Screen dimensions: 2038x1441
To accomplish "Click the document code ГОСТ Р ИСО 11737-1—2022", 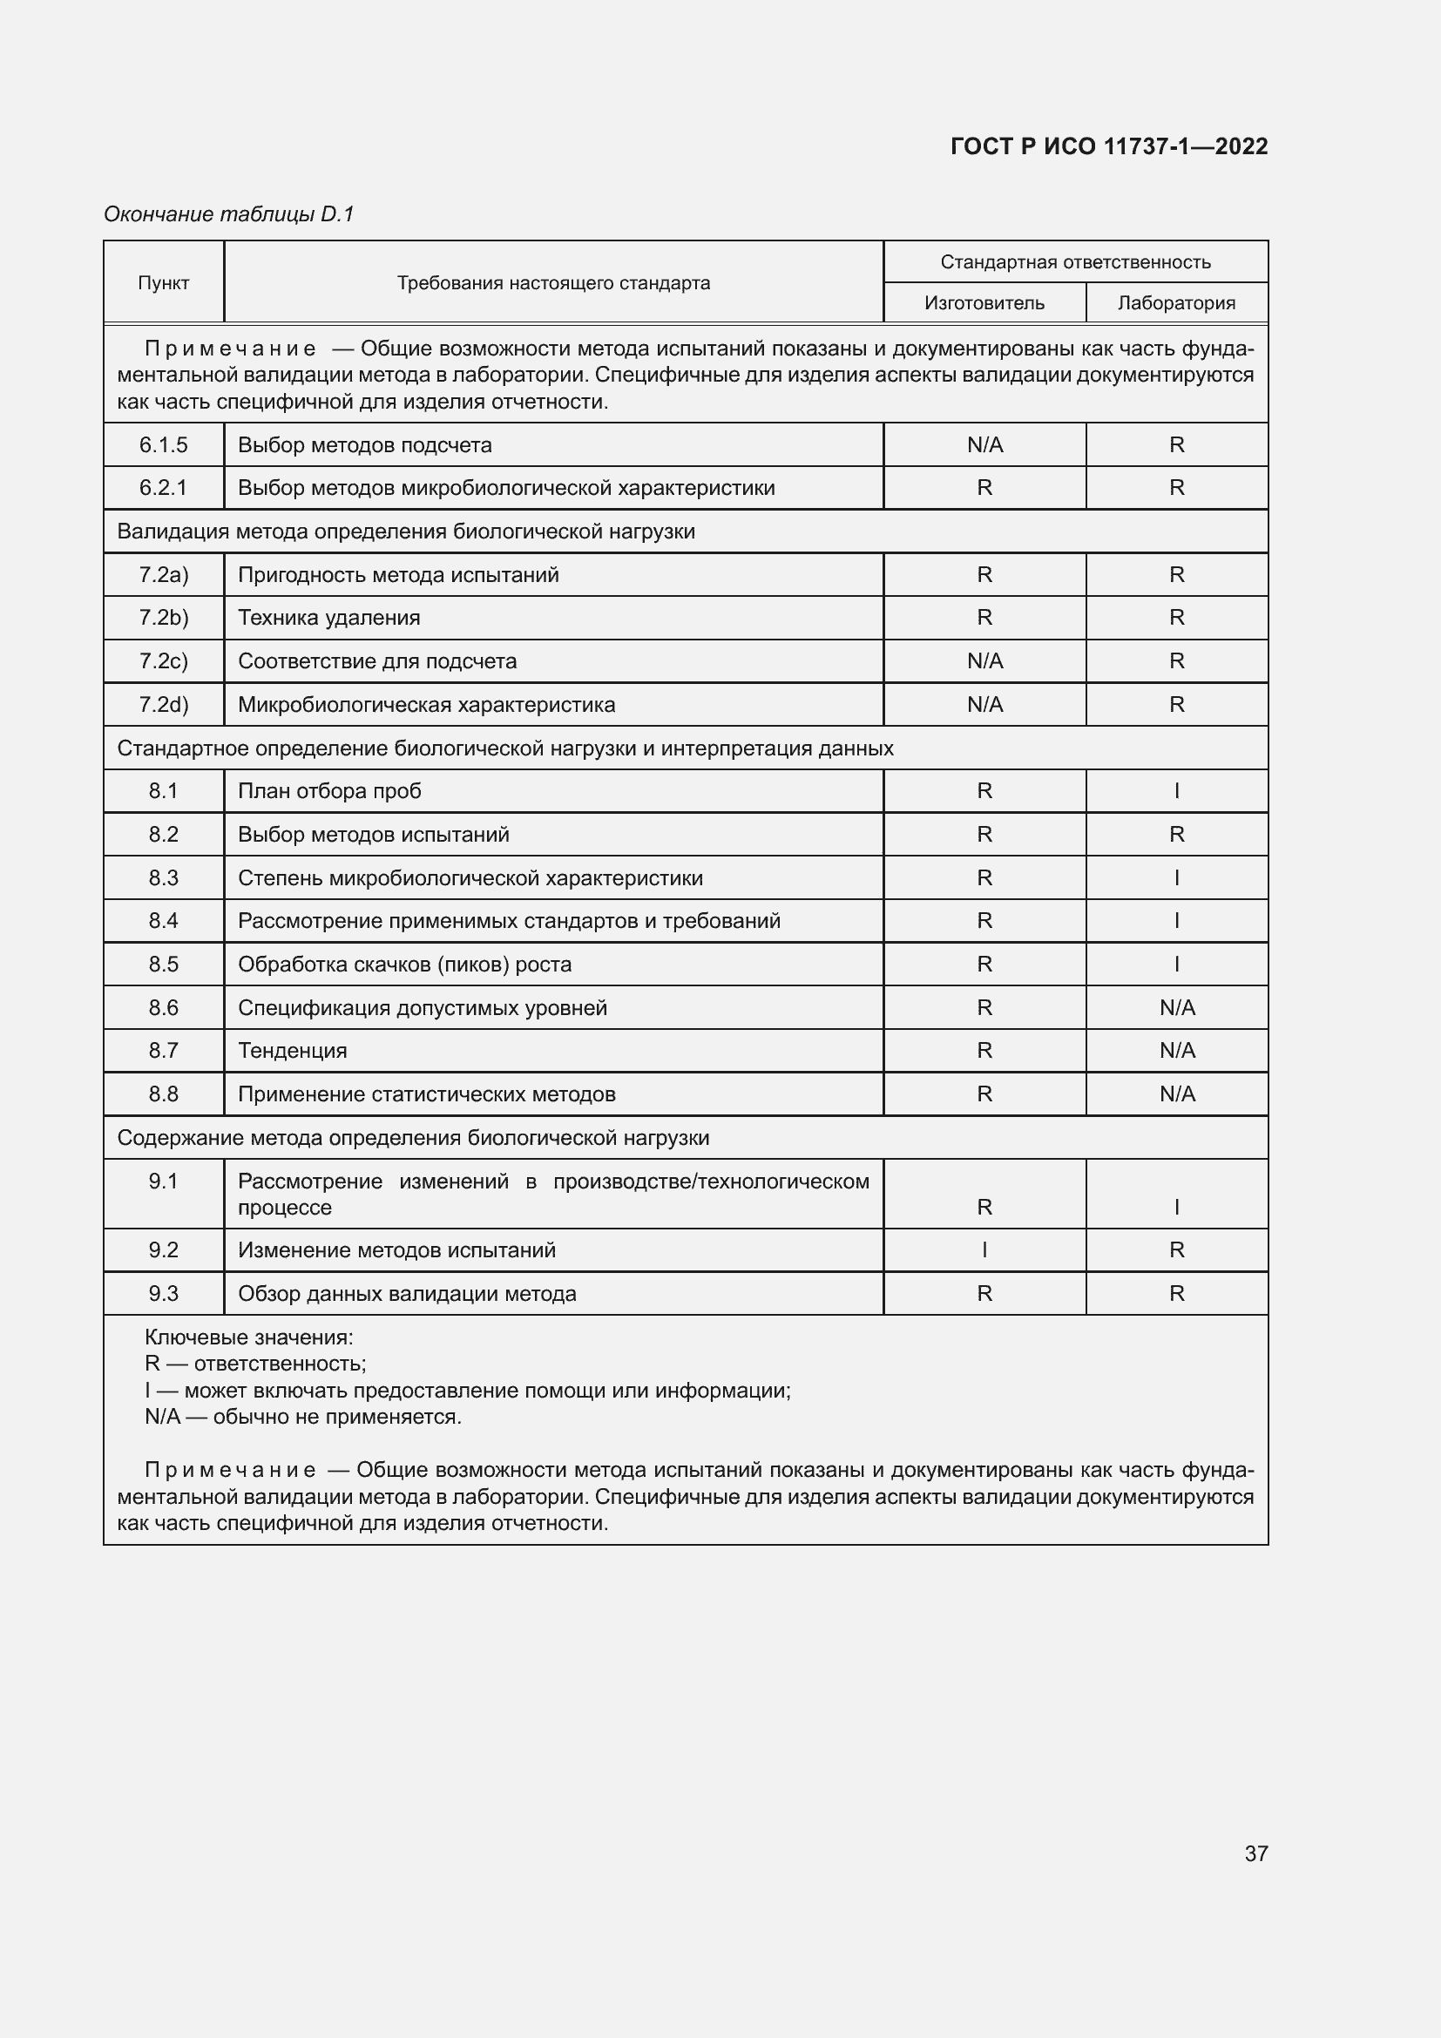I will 1108,146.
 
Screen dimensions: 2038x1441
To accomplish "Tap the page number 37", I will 1255,1853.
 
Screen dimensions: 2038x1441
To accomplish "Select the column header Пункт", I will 163,283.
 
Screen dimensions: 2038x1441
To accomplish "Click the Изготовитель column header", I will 984,303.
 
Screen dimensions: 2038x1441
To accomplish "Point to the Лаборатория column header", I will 1175,303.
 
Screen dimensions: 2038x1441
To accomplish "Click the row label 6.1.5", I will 163,444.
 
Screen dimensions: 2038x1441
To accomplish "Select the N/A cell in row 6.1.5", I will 984,444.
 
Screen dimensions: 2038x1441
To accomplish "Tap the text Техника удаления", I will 328,618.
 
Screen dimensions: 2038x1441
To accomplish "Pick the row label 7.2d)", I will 163,705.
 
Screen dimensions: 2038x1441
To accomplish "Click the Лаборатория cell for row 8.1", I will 1176,791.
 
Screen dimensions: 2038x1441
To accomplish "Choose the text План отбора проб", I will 329,791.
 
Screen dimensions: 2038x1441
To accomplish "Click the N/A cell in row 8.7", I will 1176,1051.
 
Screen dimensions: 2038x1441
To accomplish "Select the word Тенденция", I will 292,1051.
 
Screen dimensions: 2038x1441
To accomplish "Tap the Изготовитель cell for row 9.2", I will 984,1249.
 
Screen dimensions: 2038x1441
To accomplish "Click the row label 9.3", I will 163,1293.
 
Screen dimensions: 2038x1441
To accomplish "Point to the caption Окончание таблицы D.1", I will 229,214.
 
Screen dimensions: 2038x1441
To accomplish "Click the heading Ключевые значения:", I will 248,1337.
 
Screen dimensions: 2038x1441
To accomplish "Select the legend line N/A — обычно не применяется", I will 302,1417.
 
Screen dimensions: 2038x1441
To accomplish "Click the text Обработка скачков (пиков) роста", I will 404,964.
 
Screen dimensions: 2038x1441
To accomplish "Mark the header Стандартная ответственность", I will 1075,262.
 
